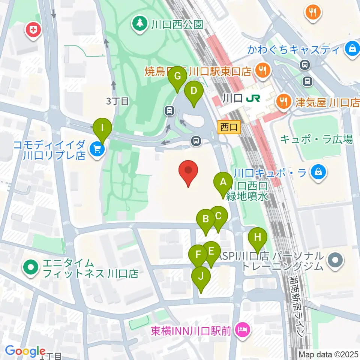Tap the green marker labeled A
tap(223, 183)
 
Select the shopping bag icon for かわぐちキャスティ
tap(352, 49)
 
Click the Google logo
tap(25, 351)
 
